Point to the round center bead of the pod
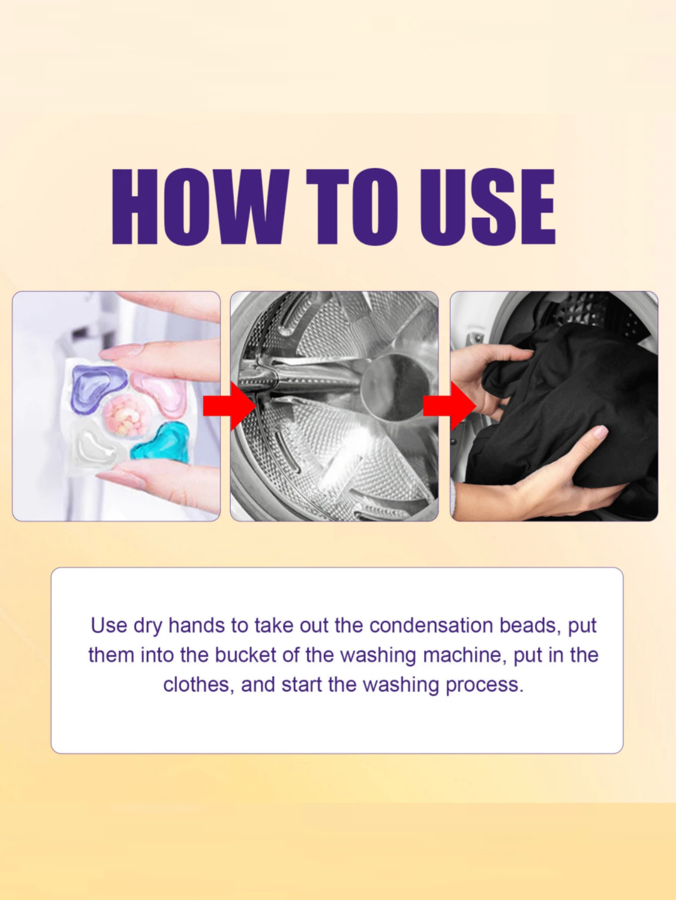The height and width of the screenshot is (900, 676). [x=125, y=416]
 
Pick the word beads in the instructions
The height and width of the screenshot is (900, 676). [x=529, y=626]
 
